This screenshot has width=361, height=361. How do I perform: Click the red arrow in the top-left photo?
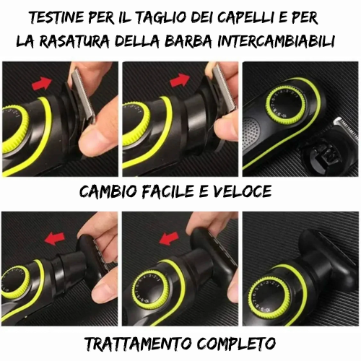(x=42, y=83)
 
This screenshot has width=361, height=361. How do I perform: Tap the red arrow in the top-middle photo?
(x=180, y=80)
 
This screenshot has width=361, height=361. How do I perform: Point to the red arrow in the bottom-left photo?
(x=55, y=238)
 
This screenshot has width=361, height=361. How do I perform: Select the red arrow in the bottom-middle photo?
(x=169, y=239)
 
